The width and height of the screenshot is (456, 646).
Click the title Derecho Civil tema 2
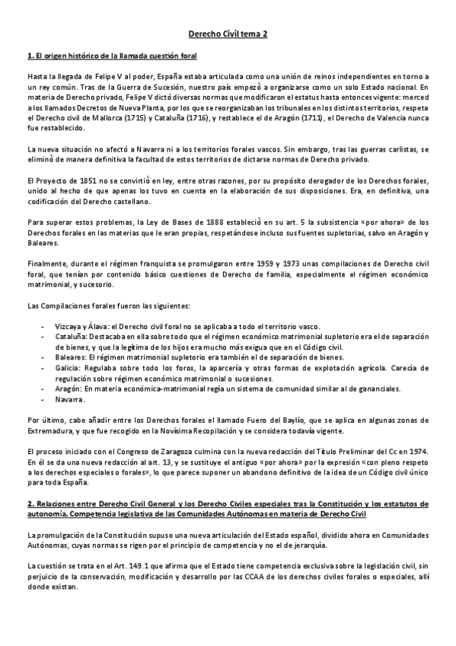[x=228, y=34]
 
